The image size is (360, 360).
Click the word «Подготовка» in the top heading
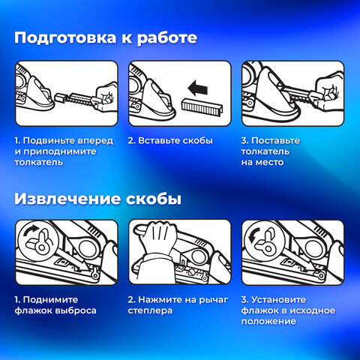tap(65, 38)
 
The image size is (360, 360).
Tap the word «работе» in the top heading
tap(167, 38)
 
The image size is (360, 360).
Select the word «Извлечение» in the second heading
tap(67, 199)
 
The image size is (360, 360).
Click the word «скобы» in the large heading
tap(154, 199)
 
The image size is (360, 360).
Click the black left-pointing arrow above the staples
tap(198, 88)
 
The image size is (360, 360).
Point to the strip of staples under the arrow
tap(202, 108)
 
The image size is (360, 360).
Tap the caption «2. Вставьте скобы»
tap(170, 140)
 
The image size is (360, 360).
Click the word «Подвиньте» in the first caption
tap(49, 140)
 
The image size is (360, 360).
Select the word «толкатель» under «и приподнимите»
tap(39, 162)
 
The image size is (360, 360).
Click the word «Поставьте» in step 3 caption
tap(276, 140)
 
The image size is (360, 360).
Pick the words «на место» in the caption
tap(262, 162)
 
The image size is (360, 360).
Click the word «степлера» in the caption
tap(150, 310)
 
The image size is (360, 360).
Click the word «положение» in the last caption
tap(268, 322)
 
